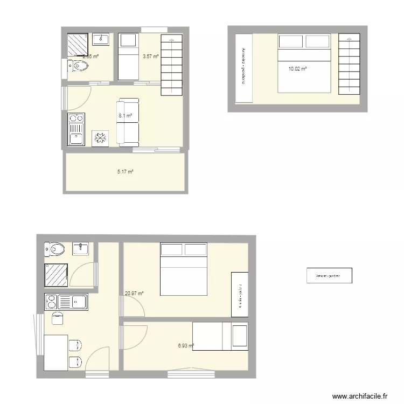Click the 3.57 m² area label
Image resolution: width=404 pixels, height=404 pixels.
(x=150, y=56)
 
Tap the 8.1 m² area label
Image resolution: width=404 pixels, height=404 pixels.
(x=126, y=115)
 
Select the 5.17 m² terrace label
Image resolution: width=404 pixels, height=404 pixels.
(x=125, y=172)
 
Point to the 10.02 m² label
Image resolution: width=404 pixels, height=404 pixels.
(x=297, y=69)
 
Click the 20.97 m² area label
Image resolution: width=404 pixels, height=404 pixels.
(x=134, y=294)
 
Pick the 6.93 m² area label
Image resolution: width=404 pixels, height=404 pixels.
(x=186, y=345)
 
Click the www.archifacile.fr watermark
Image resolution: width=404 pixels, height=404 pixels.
(x=360, y=396)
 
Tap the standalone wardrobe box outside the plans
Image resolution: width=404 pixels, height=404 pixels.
(x=329, y=276)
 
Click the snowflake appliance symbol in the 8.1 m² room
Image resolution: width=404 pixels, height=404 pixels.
(x=101, y=138)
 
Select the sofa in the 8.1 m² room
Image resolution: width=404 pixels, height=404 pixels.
(x=129, y=122)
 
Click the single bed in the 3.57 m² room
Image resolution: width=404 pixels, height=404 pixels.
(x=128, y=56)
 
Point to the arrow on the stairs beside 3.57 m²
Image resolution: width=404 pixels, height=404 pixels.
(x=172, y=39)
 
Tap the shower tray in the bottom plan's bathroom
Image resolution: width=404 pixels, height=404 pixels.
(x=56, y=275)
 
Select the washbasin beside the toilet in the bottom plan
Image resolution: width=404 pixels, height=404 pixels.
(x=81, y=248)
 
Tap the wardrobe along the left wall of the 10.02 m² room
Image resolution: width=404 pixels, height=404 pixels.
(x=244, y=67)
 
